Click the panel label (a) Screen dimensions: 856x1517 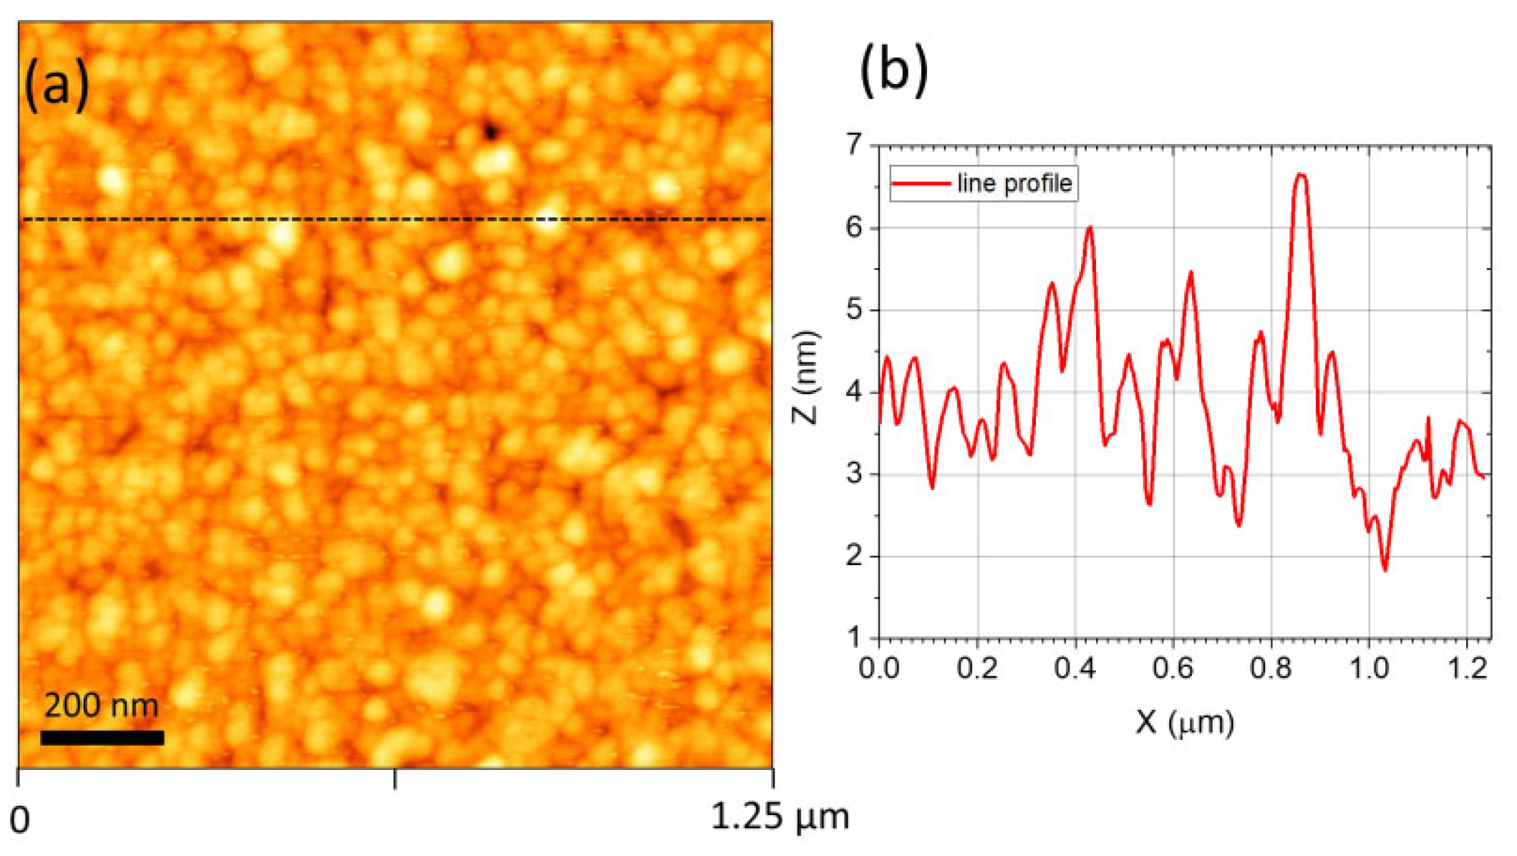click(x=57, y=85)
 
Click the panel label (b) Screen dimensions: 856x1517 click(x=893, y=69)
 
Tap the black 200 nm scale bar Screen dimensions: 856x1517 click(x=102, y=737)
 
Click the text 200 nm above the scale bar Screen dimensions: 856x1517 click(x=101, y=706)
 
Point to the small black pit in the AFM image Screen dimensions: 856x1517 click(x=490, y=131)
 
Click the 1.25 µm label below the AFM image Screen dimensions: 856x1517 click(x=780, y=817)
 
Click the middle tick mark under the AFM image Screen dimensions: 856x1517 click(x=395, y=779)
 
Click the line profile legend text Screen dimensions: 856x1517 click(x=1014, y=183)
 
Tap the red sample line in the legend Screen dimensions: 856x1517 click(x=921, y=183)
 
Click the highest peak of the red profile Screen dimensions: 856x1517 click(x=1302, y=175)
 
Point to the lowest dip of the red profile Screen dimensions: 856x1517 click(x=1385, y=569)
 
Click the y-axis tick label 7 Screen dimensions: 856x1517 click(x=855, y=145)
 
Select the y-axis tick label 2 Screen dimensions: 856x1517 click(x=855, y=557)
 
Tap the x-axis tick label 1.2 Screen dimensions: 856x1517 click(x=1466, y=668)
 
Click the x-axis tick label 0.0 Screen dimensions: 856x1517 click(x=879, y=668)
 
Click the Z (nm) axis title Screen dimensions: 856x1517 click(x=807, y=377)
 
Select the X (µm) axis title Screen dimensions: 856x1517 click(x=1185, y=722)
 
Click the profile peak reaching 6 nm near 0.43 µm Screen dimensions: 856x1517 click(x=1090, y=228)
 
